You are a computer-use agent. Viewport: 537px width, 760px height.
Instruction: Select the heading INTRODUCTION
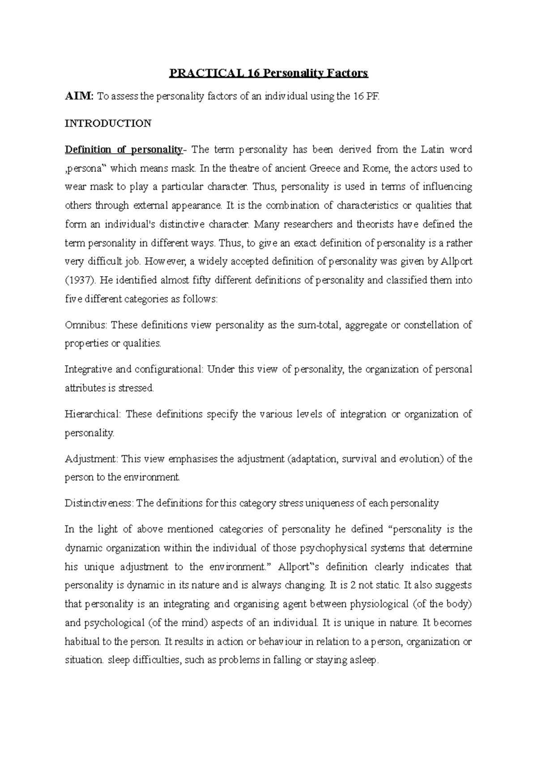(108, 123)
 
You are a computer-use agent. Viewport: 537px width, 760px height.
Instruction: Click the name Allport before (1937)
(456, 262)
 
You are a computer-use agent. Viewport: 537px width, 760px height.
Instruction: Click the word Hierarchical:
(92, 414)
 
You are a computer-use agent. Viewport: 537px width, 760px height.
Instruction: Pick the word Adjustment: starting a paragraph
(91, 459)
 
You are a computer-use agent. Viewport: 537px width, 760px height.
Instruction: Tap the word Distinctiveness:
(99, 503)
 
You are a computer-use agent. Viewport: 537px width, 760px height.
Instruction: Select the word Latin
(432, 149)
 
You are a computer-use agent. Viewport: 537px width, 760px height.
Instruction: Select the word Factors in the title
(347, 73)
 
